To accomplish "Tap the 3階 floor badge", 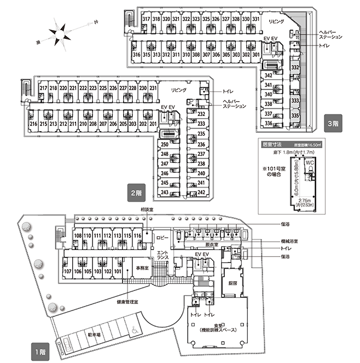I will pos(332,122).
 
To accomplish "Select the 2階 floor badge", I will pos(136,193).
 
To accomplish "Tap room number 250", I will pos(164,144).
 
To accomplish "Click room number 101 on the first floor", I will pos(117,271).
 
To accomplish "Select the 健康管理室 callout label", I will pos(128,301).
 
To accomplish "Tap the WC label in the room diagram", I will pos(309,162).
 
